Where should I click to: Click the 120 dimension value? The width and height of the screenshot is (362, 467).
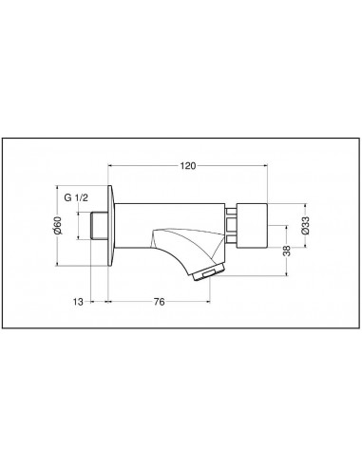pos(188,166)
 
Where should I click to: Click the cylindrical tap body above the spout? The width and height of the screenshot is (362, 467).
pos(171,214)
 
